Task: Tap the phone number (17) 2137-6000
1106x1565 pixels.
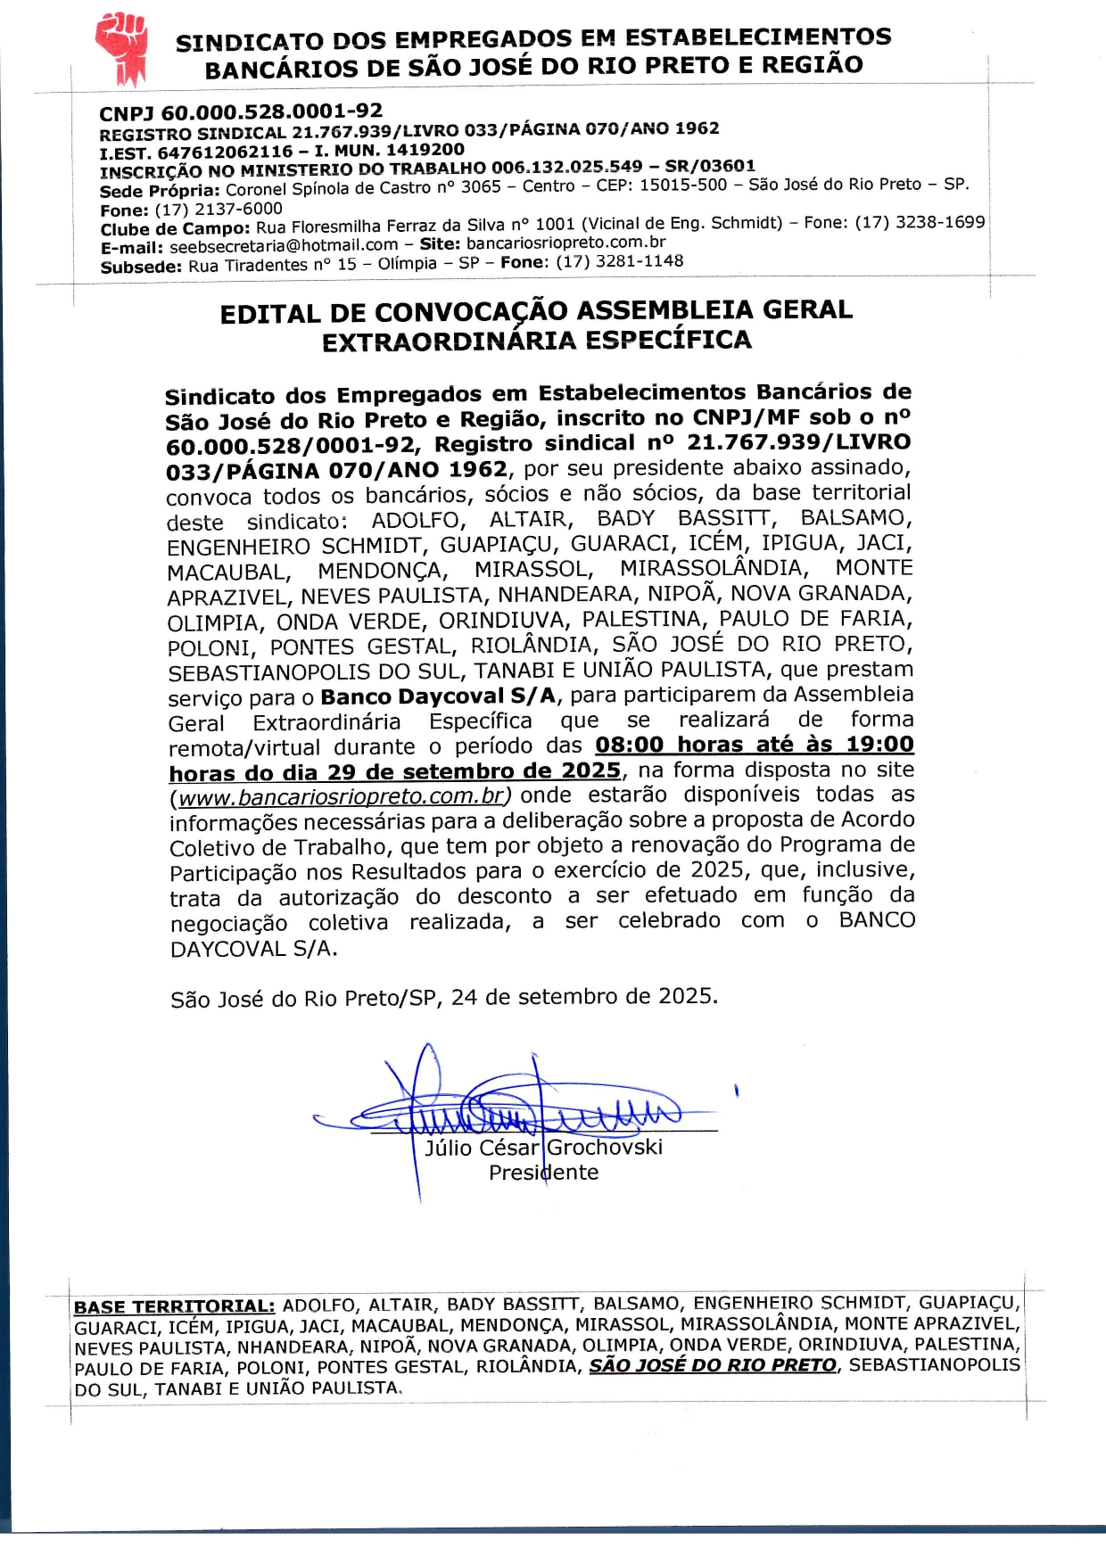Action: pos(219,210)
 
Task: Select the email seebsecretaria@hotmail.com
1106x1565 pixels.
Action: pos(284,245)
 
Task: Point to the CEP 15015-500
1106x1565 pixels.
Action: pos(683,185)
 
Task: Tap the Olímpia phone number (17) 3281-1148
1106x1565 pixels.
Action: pos(619,261)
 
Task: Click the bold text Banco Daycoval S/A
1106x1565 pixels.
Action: pos(438,696)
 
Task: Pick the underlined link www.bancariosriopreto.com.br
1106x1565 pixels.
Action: pos(340,795)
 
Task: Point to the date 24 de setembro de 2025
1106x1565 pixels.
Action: pos(582,996)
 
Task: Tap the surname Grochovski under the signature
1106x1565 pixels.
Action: pos(605,1148)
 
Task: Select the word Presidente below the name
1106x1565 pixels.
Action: pos(543,1173)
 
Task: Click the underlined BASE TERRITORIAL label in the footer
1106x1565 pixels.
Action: pos(174,1307)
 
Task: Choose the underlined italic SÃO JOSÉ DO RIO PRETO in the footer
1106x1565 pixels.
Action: pos(713,1365)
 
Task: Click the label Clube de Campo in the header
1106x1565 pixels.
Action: pos(175,229)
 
